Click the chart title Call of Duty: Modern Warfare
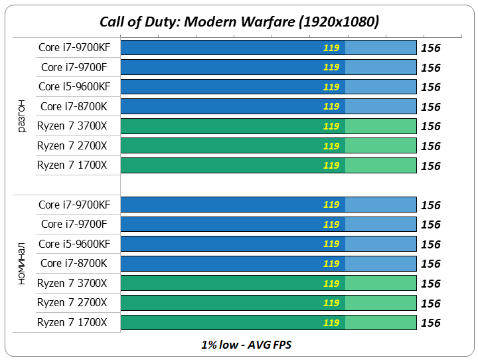[239, 21]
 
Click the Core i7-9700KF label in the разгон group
[74, 47]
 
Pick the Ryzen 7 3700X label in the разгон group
[72, 126]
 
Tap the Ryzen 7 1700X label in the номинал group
[72, 323]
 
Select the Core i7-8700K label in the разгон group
[73, 106]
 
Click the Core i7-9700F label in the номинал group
[74, 225]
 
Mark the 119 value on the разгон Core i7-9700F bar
[331, 67]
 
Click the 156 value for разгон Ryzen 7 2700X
[431, 146]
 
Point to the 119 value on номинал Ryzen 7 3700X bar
[331, 284]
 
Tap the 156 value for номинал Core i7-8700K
[431, 264]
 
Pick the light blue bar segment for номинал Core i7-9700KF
[381, 205]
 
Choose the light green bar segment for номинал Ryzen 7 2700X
[381, 303]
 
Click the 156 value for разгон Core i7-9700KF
[431, 48]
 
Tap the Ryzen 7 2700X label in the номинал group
[72, 303]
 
